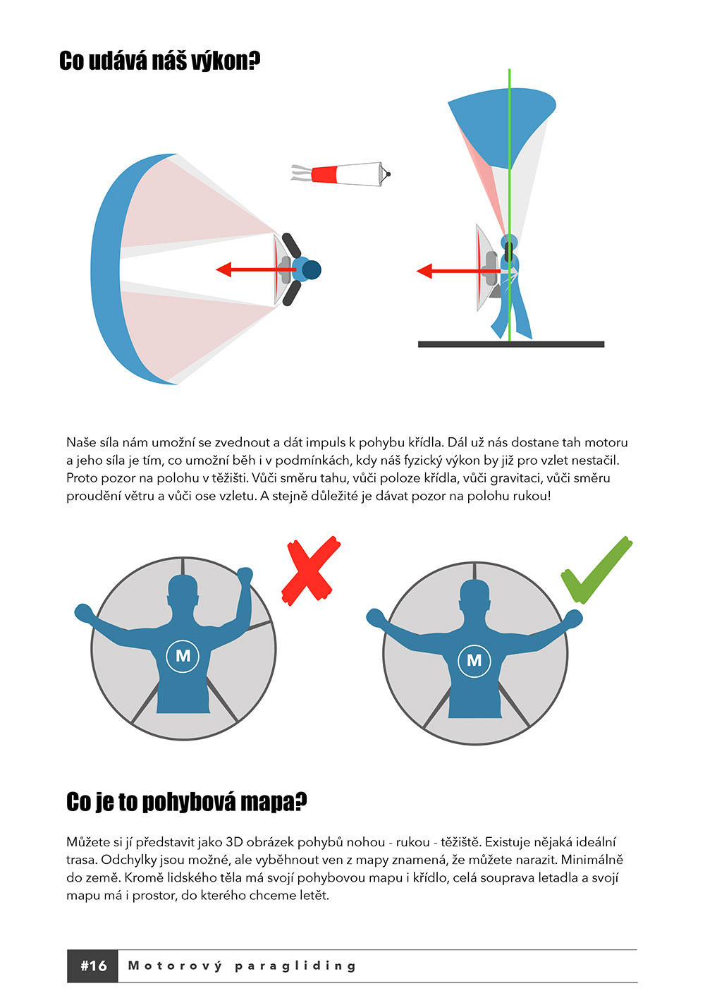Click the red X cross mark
tap(311, 571)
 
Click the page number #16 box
tap(92, 966)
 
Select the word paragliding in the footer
tap(295, 966)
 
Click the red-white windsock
tap(341, 174)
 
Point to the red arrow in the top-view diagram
tap(256, 269)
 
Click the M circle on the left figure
tap(183, 655)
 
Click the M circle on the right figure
tap(474, 660)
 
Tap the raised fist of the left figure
tap(245, 575)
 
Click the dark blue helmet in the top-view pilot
tap(312, 269)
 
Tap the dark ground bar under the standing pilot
tap(511, 344)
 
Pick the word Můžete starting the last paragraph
tap(87, 842)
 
